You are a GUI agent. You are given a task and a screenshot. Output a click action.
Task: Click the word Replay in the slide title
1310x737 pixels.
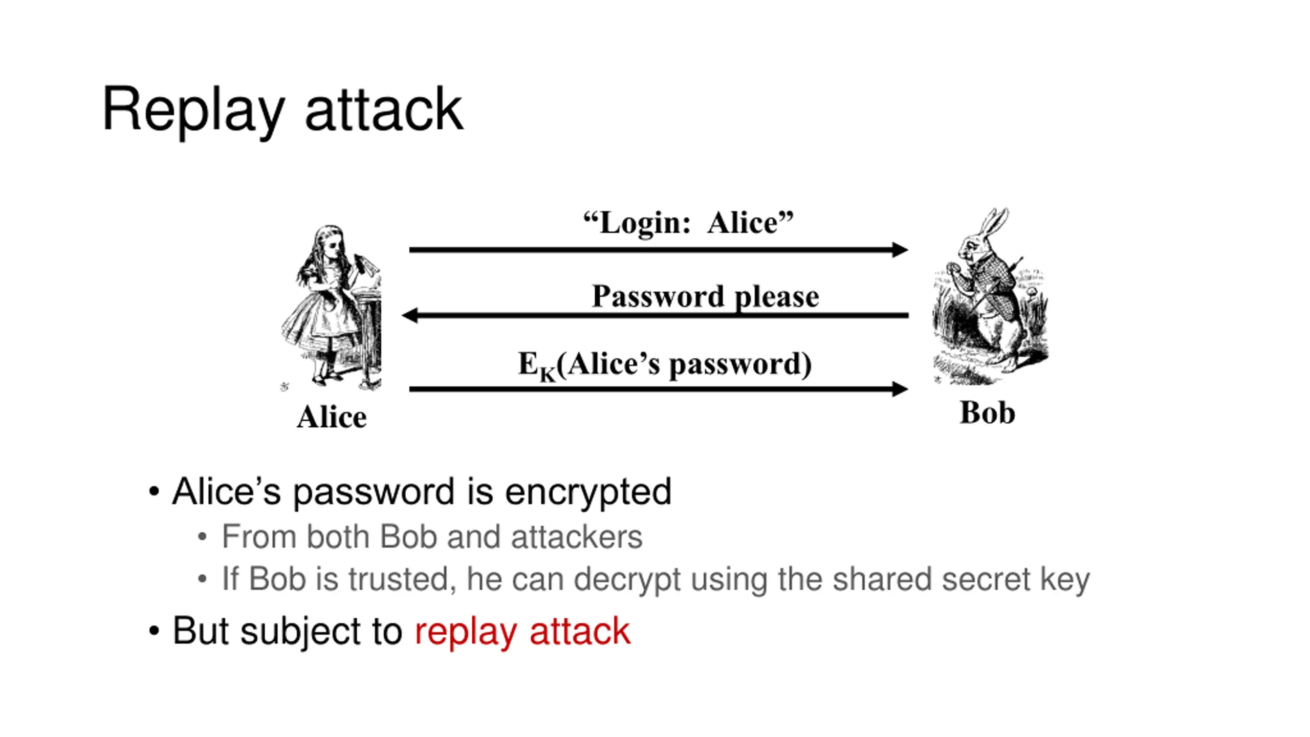pyautogui.click(x=193, y=110)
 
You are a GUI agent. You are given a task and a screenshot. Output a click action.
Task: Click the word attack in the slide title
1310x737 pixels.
pyautogui.click(x=384, y=110)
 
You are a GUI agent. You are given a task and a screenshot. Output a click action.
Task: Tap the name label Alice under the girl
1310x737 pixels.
pyautogui.click(x=332, y=417)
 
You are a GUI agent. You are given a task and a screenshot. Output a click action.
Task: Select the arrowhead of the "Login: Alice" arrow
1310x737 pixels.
pyautogui.click(x=899, y=250)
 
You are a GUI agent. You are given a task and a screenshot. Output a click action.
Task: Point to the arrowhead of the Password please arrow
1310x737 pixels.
pyautogui.click(x=410, y=315)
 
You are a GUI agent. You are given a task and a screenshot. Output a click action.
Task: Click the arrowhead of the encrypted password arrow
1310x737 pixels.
pyautogui.click(x=899, y=389)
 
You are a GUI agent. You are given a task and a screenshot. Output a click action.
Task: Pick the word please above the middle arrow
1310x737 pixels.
pyautogui.click(x=776, y=297)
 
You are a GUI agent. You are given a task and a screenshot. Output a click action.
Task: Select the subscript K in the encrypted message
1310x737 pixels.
pyautogui.click(x=547, y=375)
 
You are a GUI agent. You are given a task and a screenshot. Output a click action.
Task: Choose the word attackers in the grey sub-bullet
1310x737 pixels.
pyautogui.click(x=576, y=537)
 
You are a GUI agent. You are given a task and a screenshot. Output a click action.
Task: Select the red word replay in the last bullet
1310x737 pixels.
pyautogui.click(x=465, y=632)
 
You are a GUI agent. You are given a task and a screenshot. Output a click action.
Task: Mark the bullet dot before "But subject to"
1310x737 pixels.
pyautogui.click(x=154, y=631)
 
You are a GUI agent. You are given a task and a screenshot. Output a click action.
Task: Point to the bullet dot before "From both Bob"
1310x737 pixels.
pyautogui.click(x=202, y=537)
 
